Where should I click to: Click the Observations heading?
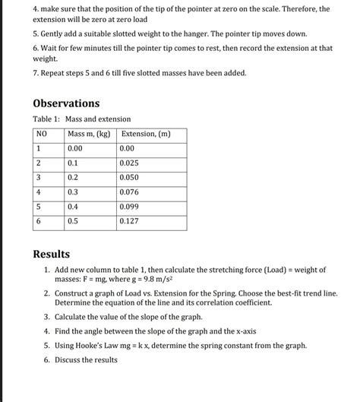coord(66,103)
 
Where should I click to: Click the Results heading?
coord(52,254)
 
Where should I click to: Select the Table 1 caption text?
coord(81,119)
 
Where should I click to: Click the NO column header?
coord(42,135)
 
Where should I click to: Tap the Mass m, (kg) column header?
coord(89,135)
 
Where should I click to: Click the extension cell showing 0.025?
coord(129,163)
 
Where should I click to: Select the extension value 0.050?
coord(129,177)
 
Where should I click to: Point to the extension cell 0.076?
coord(129,192)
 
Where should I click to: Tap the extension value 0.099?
coord(129,206)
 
